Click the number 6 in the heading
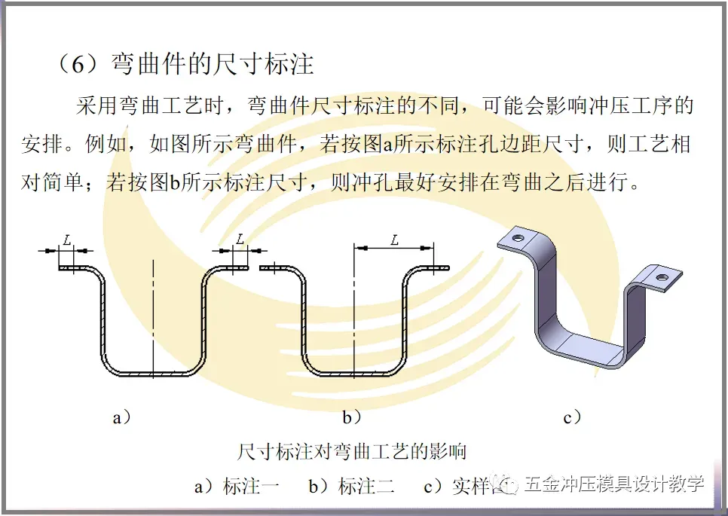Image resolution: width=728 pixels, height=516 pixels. pyautogui.click(x=81, y=63)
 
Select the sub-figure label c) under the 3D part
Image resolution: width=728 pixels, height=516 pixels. pyautogui.click(x=573, y=417)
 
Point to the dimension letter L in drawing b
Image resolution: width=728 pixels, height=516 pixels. pyautogui.click(x=394, y=240)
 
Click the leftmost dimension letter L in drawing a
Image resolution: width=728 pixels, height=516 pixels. pyautogui.click(x=67, y=240)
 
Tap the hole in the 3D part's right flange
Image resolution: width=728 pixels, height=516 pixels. pyautogui.click(x=661, y=279)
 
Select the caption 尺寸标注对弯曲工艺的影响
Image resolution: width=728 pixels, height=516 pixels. pyautogui.click(x=352, y=451)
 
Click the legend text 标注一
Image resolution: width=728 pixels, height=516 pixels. pyautogui.click(x=251, y=486)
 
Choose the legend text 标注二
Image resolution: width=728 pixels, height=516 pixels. pyautogui.click(x=366, y=486)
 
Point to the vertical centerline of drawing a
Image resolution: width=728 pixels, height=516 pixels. pyautogui.click(x=153, y=316)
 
